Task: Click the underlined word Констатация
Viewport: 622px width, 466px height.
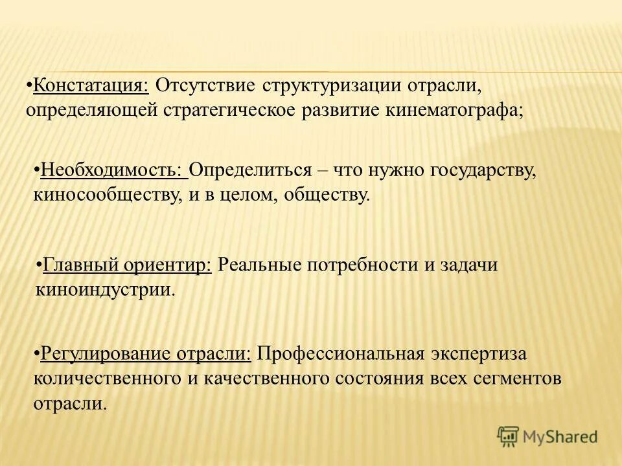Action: point(91,85)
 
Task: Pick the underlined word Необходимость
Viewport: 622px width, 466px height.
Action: point(111,170)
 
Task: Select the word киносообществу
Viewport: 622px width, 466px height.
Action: point(106,194)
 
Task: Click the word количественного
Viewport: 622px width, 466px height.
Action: point(108,378)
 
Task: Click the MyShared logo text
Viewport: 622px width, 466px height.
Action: point(560,436)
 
